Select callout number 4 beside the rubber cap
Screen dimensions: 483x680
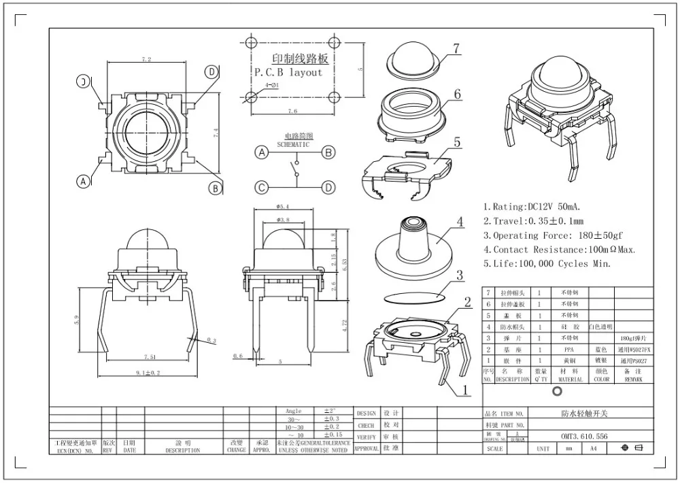[460, 221]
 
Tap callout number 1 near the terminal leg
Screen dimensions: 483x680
[466, 390]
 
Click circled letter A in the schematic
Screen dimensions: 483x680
[261, 153]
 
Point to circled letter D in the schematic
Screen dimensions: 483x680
[328, 187]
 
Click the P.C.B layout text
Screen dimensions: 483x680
[288, 72]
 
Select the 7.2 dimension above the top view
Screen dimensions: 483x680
[146, 60]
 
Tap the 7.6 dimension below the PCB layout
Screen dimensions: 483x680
[292, 111]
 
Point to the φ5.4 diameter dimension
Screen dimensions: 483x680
[284, 206]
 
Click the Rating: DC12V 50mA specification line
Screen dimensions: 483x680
[534, 207]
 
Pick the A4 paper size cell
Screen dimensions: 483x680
[592, 449]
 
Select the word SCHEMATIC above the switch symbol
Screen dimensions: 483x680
[292, 145]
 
